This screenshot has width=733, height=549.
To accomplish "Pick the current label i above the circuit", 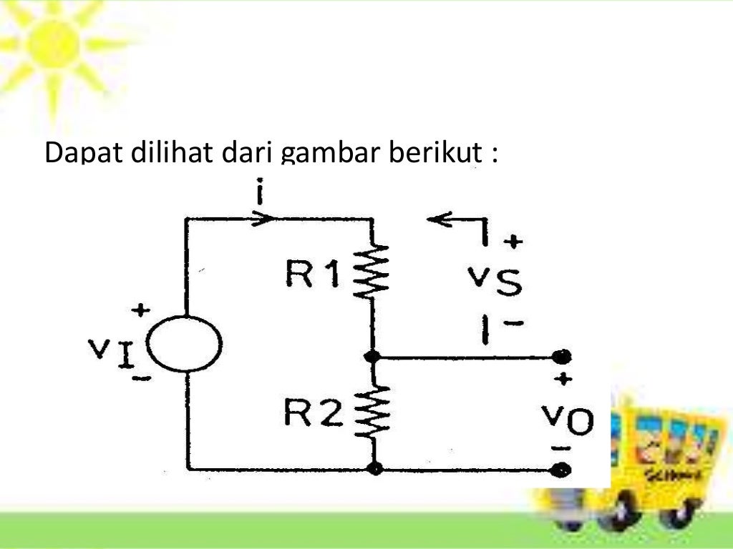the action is [260, 194].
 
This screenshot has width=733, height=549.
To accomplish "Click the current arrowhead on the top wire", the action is [262, 217].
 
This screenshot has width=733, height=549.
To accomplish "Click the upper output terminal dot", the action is [563, 356].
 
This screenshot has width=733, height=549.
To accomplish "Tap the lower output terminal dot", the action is [563, 469].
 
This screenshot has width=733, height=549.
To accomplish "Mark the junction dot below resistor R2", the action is [374, 469].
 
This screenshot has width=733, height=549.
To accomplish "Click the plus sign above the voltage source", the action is [140, 310].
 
